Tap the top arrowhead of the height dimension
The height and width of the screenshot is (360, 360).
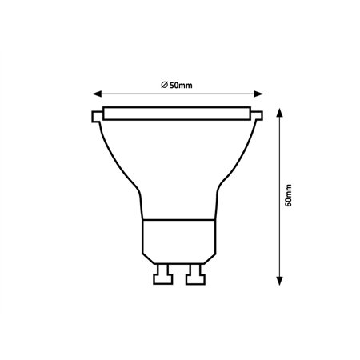(x=279, y=110)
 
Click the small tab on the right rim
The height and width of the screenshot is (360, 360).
(x=261, y=118)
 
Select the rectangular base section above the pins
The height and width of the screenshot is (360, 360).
(x=180, y=238)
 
